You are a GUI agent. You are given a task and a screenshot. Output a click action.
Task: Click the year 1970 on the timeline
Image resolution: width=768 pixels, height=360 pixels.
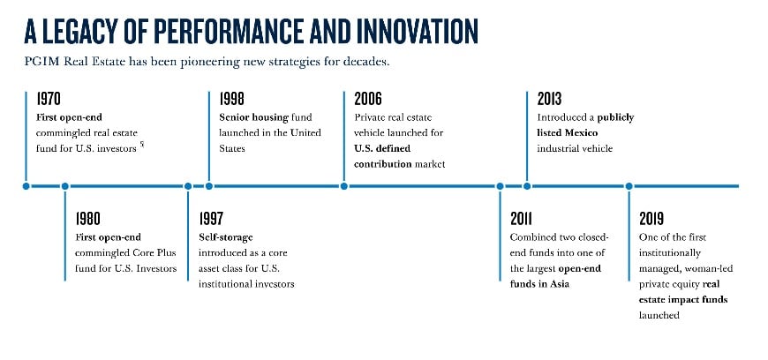click(x=49, y=99)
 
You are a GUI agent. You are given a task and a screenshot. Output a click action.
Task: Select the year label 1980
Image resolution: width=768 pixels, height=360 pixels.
click(x=87, y=219)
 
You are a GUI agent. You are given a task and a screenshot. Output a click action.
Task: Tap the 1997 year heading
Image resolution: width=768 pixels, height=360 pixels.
click(x=211, y=219)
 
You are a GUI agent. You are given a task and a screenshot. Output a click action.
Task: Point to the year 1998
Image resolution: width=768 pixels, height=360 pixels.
click(x=231, y=99)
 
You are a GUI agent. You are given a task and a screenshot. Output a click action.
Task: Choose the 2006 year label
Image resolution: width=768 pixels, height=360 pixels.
click(x=368, y=99)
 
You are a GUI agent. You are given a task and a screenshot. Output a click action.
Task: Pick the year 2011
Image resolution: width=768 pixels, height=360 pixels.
click(x=521, y=219)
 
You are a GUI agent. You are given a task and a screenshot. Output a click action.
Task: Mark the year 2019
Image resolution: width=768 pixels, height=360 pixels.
click(x=652, y=219)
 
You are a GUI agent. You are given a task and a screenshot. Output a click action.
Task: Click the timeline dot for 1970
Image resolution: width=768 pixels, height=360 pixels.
click(x=26, y=186)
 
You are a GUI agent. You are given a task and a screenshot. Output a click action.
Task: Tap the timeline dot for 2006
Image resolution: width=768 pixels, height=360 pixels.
click(x=344, y=186)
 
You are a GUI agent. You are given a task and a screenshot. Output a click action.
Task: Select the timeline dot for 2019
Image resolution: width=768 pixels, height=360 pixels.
click(x=629, y=186)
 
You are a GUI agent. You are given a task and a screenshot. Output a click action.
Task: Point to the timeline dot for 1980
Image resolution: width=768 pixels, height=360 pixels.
click(x=65, y=186)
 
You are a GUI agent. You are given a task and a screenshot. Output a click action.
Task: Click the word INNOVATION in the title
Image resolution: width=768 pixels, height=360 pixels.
click(x=418, y=32)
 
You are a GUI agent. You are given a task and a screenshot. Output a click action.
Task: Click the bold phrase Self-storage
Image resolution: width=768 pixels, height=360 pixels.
click(x=226, y=237)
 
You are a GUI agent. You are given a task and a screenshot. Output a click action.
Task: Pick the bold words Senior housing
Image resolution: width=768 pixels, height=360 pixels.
click(x=253, y=117)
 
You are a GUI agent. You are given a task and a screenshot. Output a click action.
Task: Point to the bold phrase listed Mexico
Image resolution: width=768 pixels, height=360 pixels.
click(x=568, y=132)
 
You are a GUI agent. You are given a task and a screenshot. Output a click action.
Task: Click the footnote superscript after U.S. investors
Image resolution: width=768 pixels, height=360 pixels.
click(x=142, y=144)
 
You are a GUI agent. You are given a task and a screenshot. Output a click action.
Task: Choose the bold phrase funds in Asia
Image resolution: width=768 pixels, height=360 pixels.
click(x=539, y=284)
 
